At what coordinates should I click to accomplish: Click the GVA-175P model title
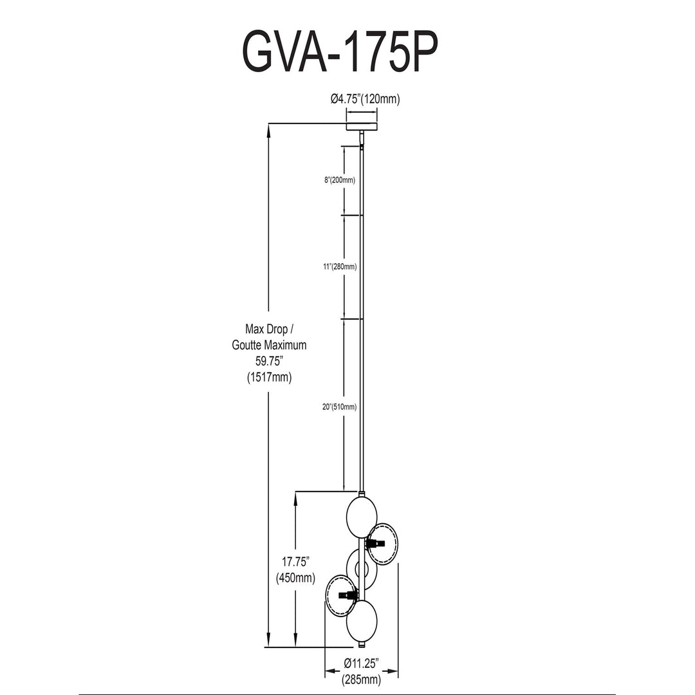point(340,52)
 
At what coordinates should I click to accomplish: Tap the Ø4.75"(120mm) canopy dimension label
point(365,99)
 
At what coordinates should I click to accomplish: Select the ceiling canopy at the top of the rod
point(362,126)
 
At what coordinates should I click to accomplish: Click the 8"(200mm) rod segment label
point(340,180)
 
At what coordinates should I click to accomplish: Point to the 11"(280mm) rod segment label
point(340,267)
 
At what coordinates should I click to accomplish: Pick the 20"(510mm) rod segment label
point(340,407)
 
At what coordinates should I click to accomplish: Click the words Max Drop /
point(270,329)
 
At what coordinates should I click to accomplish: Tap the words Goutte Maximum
point(269,345)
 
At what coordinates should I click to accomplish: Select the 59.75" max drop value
point(269,361)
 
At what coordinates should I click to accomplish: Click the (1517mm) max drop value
point(269,377)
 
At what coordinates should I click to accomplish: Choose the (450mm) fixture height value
point(295,578)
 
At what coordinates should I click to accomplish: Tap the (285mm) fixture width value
point(361,680)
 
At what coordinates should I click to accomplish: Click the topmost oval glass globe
point(361,517)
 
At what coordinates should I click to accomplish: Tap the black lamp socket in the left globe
point(348,595)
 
